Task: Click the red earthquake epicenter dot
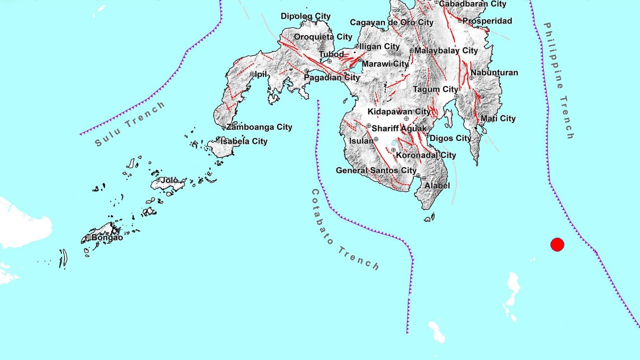pyautogui.click(x=557, y=245)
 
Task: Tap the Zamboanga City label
pyautogui.click(x=259, y=127)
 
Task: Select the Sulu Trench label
pyautogui.click(x=130, y=124)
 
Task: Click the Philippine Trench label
pyautogui.click(x=558, y=80)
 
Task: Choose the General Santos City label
pyautogui.click(x=376, y=170)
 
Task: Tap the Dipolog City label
pyautogui.click(x=305, y=16)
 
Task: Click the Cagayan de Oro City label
pyautogui.click(x=392, y=22)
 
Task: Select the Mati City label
pyautogui.click(x=498, y=119)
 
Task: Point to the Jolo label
pyautogui.click(x=169, y=180)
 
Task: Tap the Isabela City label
pyautogui.click(x=244, y=141)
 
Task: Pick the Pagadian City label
pyautogui.click(x=332, y=77)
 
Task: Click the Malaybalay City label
pyautogui.click(x=446, y=50)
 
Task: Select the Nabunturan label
pyautogui.click(x=494, y=73)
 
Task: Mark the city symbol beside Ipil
pyautogui.click(x=252, y=74)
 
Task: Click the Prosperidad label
pyautogui.click(x=487, y=21)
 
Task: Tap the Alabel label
pyautogui.click(x=437, y=185)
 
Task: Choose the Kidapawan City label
pyautogui.click(x=399, y=112)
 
